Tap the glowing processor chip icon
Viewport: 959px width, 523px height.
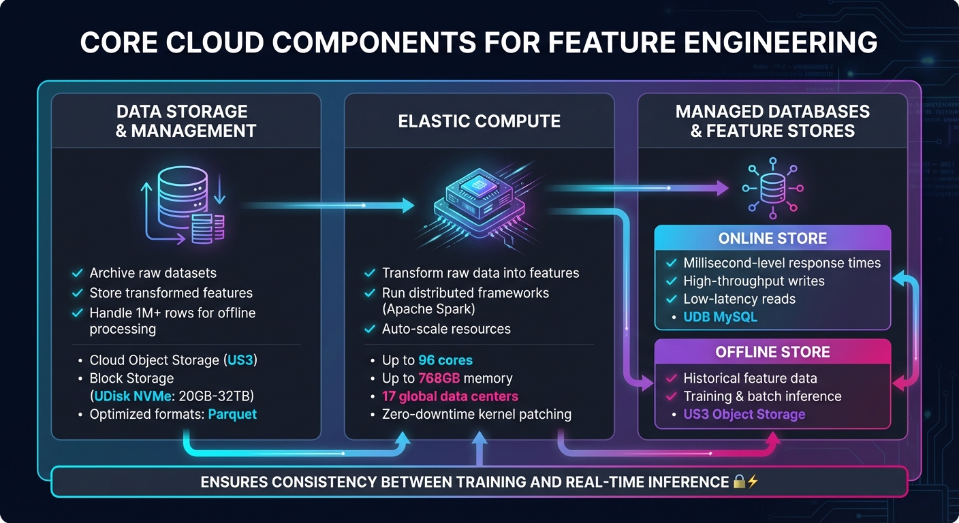(479, 202)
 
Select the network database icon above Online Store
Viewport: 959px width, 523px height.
(772, 189)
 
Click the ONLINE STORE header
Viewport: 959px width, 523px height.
(772, 238)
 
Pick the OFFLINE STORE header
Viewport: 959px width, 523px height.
(772, 352)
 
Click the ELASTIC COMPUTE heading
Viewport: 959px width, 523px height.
(479, 121)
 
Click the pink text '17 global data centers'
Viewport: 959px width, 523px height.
(450, 396)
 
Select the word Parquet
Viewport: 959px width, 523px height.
(232, 414)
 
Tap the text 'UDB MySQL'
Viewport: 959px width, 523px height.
(720, 317)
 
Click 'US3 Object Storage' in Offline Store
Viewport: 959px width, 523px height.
(744, 414)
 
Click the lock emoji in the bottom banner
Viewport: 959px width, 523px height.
(740, 482)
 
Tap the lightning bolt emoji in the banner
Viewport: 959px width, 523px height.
(753, 482)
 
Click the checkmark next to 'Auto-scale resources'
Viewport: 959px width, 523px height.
(370, 329)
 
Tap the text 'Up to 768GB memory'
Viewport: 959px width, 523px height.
(447, 378)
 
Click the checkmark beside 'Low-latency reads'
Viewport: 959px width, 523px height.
(671, 299)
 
